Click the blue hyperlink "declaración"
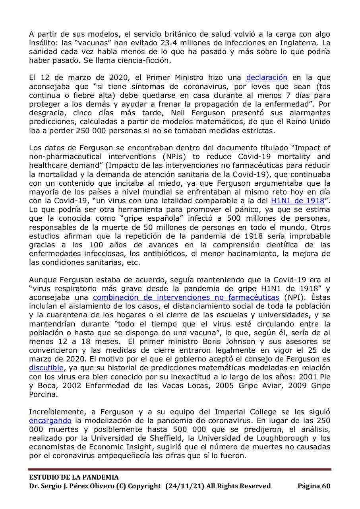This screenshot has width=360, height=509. tap(267, 78)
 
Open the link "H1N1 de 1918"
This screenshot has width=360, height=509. tap(298, 201)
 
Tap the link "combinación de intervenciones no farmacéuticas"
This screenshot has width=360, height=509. tap(186, 297)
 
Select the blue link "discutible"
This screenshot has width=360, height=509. tap(46, 367)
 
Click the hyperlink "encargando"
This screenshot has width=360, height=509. tap(50, 420)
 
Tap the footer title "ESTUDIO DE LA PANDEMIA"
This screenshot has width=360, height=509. tap(74, 477)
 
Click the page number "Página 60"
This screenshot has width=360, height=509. tap(314, 486)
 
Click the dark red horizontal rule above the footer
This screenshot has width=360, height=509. tap(180, 470)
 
